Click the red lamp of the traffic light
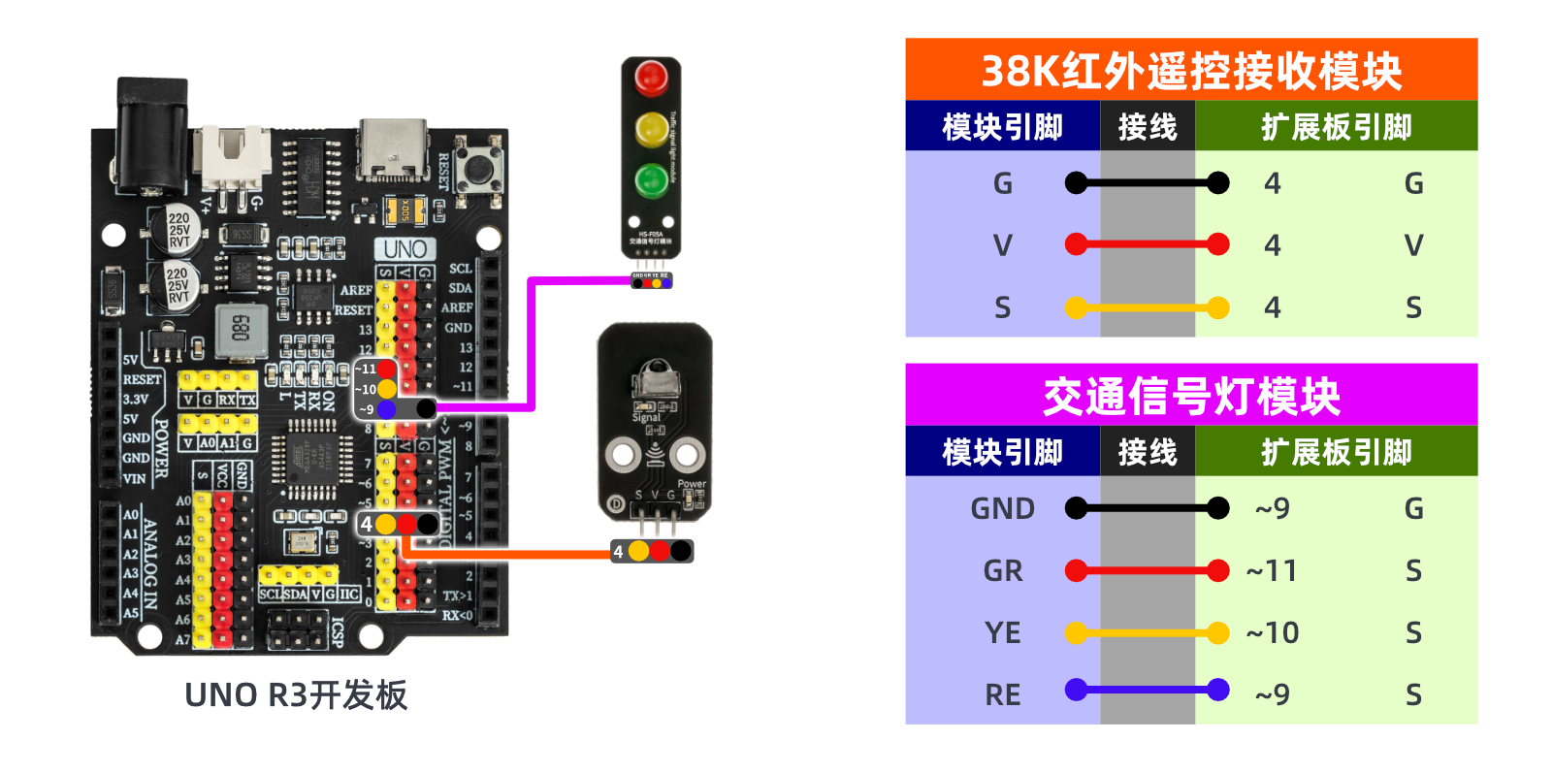pos(651,78)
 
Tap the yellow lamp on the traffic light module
pos(651,129)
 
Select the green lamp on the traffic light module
pos(651,180)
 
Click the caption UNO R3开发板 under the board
pos(296,695)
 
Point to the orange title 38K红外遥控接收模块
pos(1191,70)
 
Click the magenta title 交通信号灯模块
pos(1191,396)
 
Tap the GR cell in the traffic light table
pos(1003,571)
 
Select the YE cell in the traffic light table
pos(1003,633)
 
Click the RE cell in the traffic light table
pos(1003,695)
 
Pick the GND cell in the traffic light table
pos(1003,509)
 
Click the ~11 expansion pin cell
pos(1272,571)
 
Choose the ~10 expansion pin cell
pos(1272,633)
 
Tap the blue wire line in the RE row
pos(1148,691)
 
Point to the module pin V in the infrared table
pos(1003,245)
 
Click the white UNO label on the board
pos(404,249)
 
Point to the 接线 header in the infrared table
pos(1148,127)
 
